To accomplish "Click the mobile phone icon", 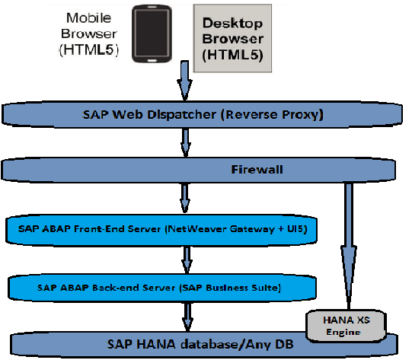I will [x=150, y=33].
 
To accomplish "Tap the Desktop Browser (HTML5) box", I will [x=232, y=39].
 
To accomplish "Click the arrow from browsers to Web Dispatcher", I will [x=185, y=79].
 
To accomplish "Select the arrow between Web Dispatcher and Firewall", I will [x=185, y=142].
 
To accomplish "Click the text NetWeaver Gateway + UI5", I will [x=259, y=228].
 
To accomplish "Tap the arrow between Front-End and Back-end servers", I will [x=185, y=259].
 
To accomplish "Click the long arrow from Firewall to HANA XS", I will [x=348, y=244].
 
